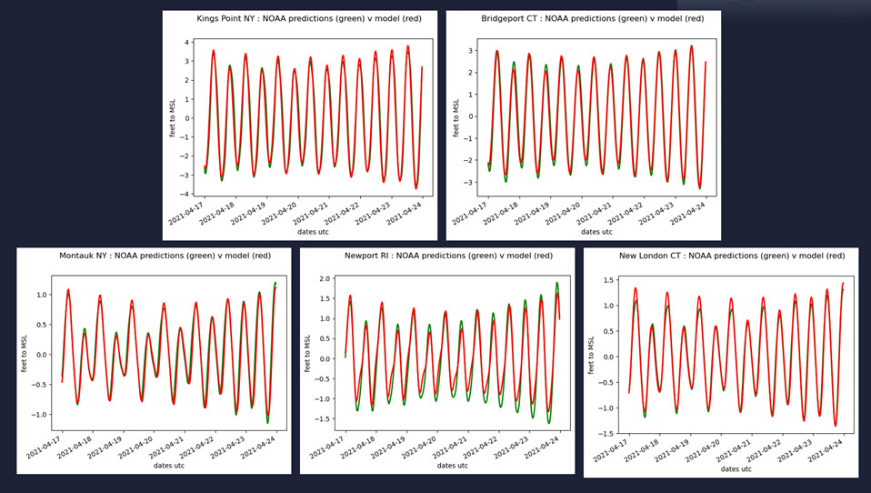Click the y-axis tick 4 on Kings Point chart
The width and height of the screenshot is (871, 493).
185,42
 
